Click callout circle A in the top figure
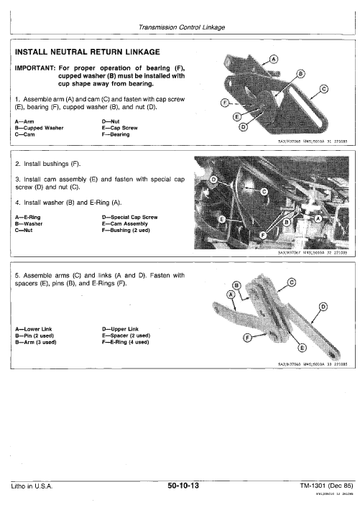[x=273, y=59]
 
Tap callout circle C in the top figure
[x=323, y=88]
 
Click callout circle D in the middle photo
[x=212, y=178]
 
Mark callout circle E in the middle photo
[x=222, y=218]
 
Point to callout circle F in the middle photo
[x=262, y=234]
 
